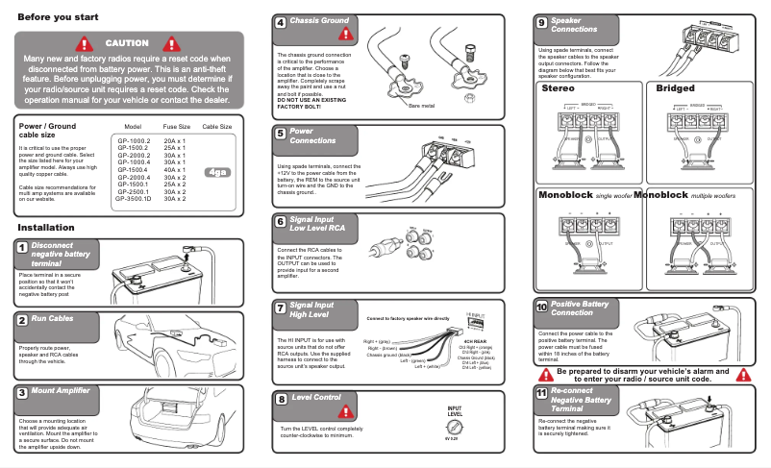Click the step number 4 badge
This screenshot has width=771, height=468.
tap(280, 23)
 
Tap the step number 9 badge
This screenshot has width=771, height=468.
tap(542, 23)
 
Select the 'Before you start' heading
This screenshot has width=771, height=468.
tap(58, 17)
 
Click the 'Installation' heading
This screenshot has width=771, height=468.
tap(53, 227)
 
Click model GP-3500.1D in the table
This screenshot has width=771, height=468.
tap(135, 197)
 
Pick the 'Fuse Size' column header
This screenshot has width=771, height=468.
tap(176, 126)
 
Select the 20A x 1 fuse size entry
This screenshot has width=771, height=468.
tap(175, 140)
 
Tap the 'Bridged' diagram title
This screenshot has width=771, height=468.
tap(675, 88)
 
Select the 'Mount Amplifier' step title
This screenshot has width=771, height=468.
tap(61, 391)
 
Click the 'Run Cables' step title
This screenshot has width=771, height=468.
tap(52, 318)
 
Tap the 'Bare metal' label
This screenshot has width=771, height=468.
tap(421, 106)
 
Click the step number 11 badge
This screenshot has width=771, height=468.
tap(542, 394)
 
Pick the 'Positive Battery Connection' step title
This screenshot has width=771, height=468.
tap(580, 308)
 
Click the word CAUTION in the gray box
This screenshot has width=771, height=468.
tap(127, 43)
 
